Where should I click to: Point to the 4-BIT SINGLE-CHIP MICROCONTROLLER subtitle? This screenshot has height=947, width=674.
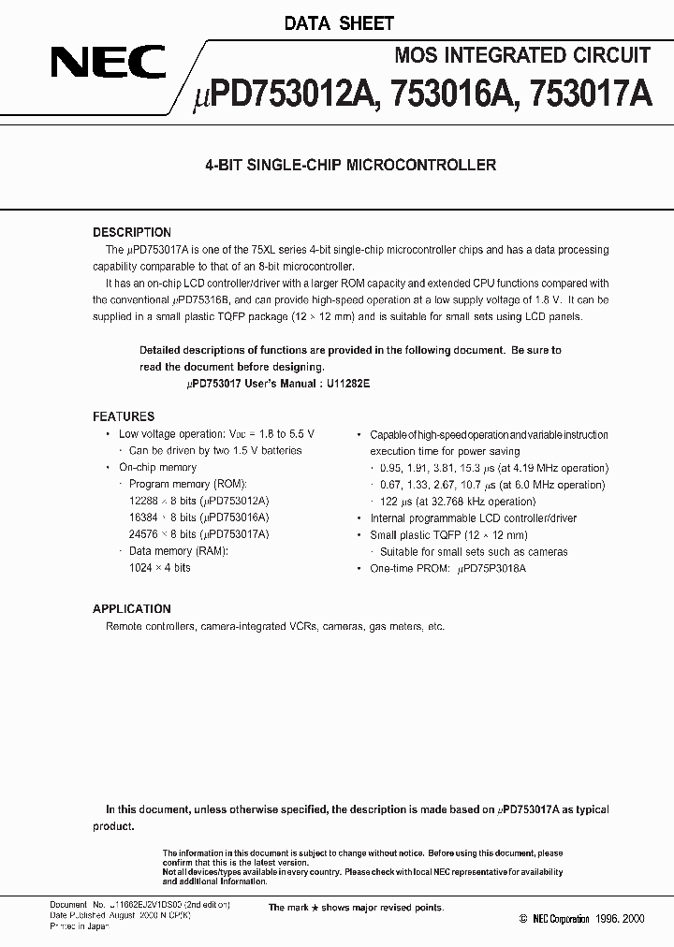click(x=350, y=166)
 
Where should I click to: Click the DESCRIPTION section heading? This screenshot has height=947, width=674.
click(x=132, y=232)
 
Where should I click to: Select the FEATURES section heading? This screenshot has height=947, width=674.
click(x=124, y=416)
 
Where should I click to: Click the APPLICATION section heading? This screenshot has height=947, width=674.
click(x=131, y=609)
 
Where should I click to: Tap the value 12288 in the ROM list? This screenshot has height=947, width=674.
click(x=144, y=501)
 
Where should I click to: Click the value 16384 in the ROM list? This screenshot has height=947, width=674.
click(x=144, y=517)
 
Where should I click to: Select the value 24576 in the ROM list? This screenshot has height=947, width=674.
click(x=144, y=534)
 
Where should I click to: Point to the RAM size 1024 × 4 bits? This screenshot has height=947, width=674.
click(x=160, y=568)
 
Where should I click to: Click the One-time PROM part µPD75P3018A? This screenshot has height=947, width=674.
click(x=491, y=568)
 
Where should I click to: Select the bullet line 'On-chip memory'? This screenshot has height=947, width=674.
click(x=157, y=467)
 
